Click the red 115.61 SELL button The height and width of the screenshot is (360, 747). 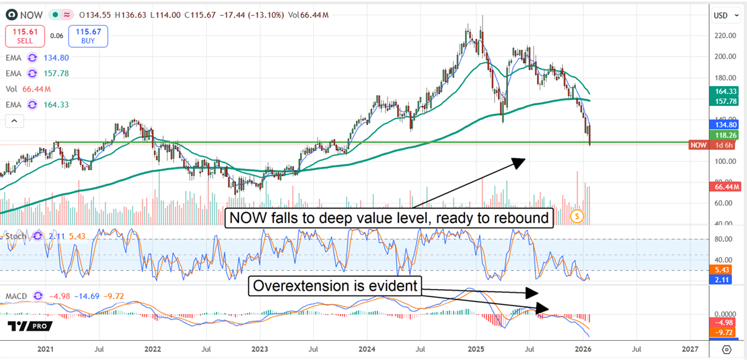pyautogui.click(x=25, y=36)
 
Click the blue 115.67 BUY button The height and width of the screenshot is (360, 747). pyautogui.click(x=88, y=36)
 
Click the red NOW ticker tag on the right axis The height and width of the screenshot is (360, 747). pyautogui.click(x=698, y=145)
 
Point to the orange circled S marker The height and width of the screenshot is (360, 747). pyautogui.click(x=578, y=216)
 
